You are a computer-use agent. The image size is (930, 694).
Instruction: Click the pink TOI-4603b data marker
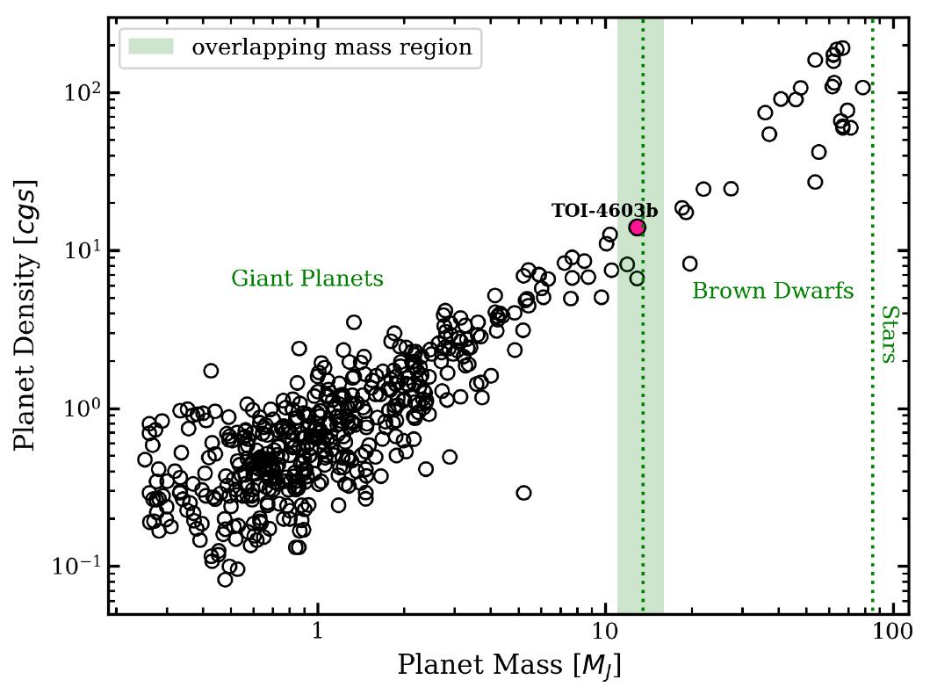coord(637,228)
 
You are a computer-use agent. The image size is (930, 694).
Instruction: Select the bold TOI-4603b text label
coord(604,211)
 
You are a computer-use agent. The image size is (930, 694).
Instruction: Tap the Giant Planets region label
coord(307,278)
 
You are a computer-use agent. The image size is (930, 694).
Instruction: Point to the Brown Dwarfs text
coord(773,291)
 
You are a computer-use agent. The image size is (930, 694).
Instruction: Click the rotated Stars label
coord(887,334)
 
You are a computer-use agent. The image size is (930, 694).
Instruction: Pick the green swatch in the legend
coord(152,47)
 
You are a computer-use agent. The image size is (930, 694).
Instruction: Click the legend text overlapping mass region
coord(332,47)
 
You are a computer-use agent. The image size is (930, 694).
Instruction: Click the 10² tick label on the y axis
coord(82,92)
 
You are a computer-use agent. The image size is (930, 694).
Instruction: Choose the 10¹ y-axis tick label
coord(82,250)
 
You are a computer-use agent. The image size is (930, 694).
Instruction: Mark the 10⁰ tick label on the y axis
coord(82,408)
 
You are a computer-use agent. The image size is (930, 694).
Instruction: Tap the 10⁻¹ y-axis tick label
coord(78,566)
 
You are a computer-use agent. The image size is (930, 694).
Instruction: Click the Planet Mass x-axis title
coord(509,665)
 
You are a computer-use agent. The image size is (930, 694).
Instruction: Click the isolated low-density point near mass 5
coord(523,493)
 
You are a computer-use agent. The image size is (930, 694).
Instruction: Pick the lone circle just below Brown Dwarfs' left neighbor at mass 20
coord(689,264)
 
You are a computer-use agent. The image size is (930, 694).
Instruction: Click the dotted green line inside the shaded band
coord(643,439)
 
